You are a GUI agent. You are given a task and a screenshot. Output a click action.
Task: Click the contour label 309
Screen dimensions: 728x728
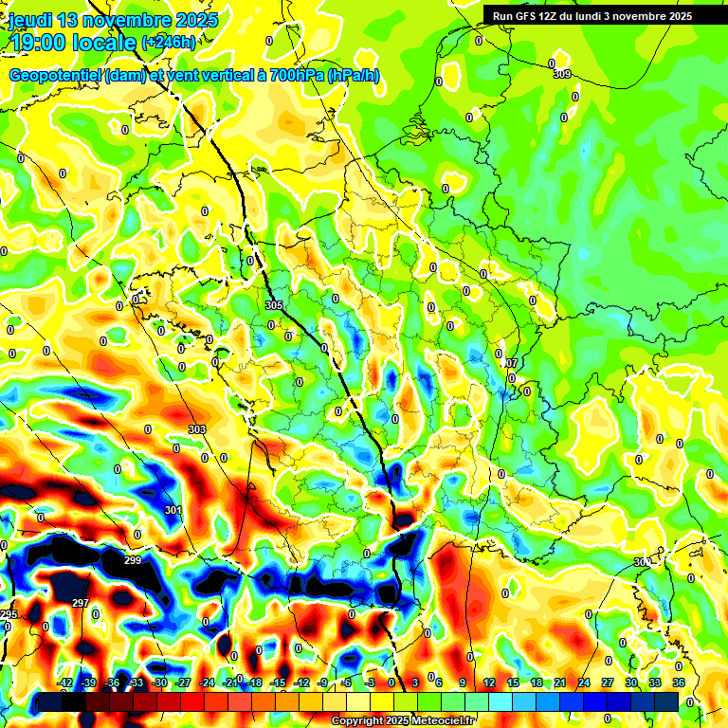[562, 74]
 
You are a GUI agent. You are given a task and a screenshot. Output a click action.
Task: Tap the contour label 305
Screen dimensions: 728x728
[274, 305]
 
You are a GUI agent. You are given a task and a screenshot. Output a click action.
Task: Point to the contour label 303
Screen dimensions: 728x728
[196, 429]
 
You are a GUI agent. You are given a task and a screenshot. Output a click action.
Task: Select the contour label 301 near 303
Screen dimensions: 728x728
[173, 510]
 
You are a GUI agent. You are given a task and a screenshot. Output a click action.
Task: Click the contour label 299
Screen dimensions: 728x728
[133, 560]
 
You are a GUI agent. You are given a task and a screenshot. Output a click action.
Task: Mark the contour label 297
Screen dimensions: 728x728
[80, 603]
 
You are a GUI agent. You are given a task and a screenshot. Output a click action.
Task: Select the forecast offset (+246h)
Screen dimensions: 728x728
[169, 43]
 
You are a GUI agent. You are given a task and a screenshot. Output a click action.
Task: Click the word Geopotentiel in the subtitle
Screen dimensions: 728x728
[56, 75]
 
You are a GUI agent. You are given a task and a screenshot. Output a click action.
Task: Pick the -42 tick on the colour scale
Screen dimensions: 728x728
[65, 682]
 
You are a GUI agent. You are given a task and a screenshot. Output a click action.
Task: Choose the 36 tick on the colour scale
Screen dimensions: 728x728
[679, 682]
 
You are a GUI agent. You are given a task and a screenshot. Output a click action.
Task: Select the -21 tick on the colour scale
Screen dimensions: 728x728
[230, 682]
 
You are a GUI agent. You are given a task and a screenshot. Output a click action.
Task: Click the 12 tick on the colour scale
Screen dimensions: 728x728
[489, 682]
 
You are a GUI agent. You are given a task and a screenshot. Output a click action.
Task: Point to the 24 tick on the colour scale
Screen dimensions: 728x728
[584, 682]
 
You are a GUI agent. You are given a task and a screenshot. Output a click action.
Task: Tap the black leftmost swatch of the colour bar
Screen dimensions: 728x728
[50, 701]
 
